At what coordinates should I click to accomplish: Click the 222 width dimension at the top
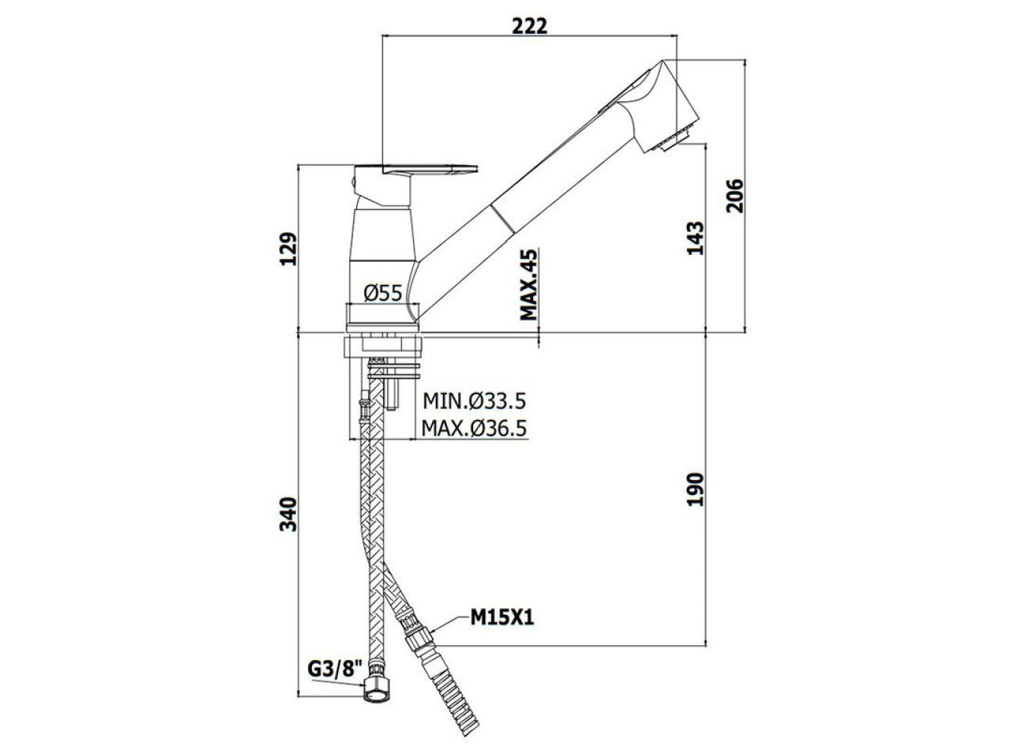[x=529, y=26]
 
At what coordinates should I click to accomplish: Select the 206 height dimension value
[x=734, y=196]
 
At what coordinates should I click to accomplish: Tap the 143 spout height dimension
[x=695, y=238]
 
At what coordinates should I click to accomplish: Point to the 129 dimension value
[x=288, y=249]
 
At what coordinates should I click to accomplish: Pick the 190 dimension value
[x=695, y=489]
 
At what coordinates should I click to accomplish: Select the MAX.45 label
[x=529, y=284]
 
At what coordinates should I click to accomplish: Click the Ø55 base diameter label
[x=383, y=293]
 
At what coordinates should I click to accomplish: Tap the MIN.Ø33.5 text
[x=475, y=400]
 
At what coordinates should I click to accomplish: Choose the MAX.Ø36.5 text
[x=474, y=428]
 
